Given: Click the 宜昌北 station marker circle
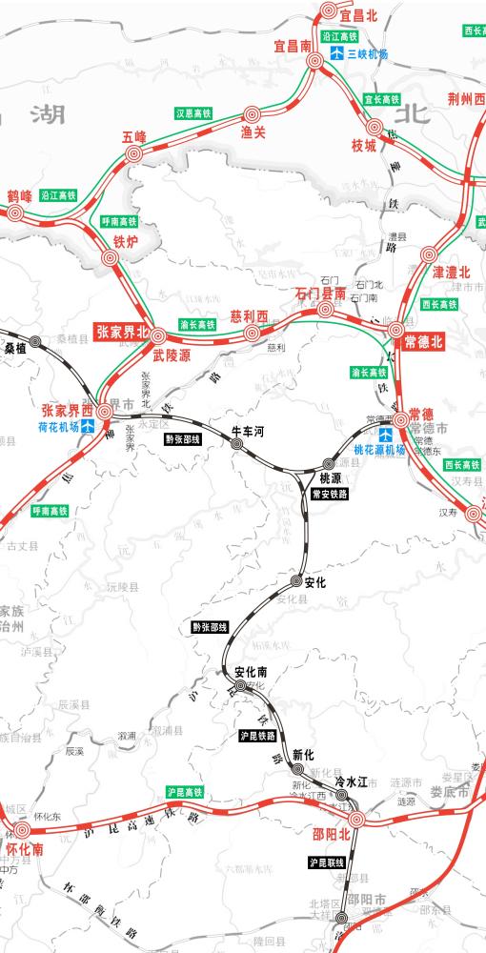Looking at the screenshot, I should click(x=329, y=11).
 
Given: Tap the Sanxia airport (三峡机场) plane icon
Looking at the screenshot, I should click(x=335, y=54).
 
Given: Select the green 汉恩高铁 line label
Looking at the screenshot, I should click(x=192, y=112).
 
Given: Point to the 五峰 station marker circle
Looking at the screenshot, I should click(x=133, y=154).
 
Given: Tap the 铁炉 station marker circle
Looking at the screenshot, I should click(x=111, y=257).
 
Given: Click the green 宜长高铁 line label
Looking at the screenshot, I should click(x=381, y=98).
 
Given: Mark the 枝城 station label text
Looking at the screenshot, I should click(x=365, y=146).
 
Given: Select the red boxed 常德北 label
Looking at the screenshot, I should click(x=424, y=342).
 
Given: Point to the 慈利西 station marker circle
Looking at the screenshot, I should click(x=252, y=334).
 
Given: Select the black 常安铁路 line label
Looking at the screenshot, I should click(x=330, y=495).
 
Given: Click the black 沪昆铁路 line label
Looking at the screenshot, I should click(x=257, y=736).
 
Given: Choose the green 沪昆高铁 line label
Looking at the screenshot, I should click(x=186, y=792).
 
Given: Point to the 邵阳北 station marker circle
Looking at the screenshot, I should click(x=358, y=819).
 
